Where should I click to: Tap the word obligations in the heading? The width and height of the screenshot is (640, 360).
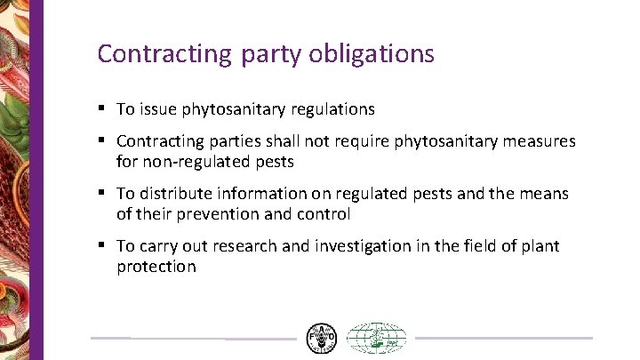[x=372, y=54]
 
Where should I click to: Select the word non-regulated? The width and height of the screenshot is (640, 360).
[x=187, y=162]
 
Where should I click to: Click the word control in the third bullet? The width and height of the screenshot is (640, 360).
[x=326, y=214]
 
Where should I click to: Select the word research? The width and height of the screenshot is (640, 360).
[x=251, y=246]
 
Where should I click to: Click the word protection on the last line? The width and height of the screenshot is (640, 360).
[x=156, y=267]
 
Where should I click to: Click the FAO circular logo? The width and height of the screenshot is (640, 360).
[x=322, y=338]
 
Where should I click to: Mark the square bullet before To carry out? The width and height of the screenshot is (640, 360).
[x=103, y=244]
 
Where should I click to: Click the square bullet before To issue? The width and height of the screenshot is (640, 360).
[x=103, y=108]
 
